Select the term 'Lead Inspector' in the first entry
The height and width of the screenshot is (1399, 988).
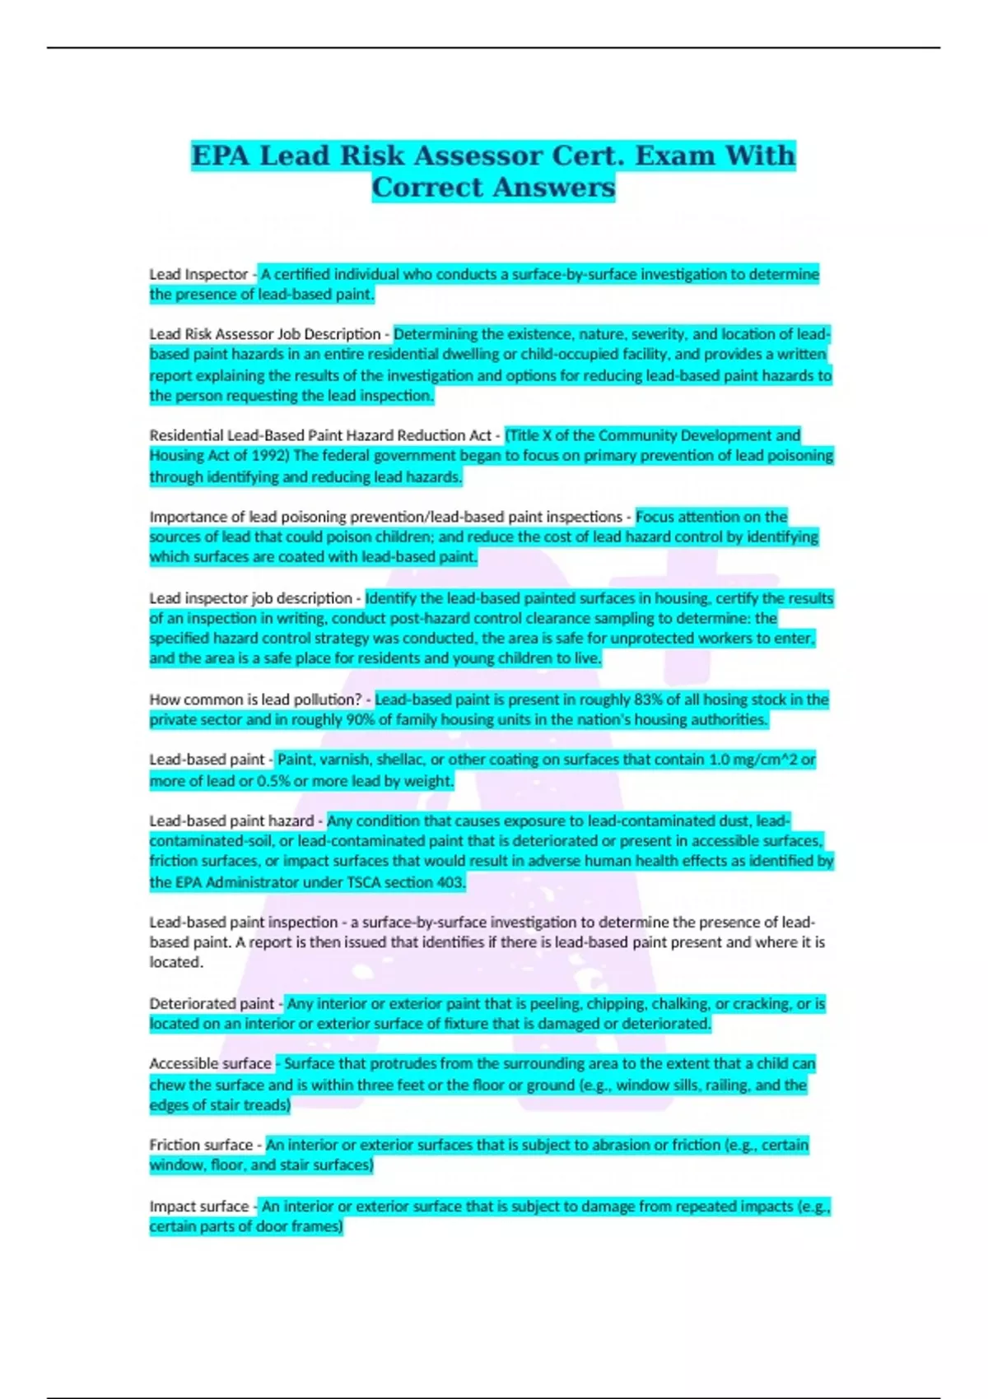point(198,274)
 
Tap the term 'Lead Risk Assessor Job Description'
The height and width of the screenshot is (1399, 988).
point(264,334)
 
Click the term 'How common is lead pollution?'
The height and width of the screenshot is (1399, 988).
point(255,699)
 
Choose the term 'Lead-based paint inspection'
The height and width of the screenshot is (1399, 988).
point(243,923)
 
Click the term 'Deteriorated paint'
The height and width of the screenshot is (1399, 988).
point(212,1004)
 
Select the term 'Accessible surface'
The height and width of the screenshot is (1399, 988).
point(210,1064)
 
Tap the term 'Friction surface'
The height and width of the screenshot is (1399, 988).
point(201,1146)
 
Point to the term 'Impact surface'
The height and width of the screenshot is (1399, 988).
point(198,1206)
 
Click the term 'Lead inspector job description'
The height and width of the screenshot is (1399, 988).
point(250,598)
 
